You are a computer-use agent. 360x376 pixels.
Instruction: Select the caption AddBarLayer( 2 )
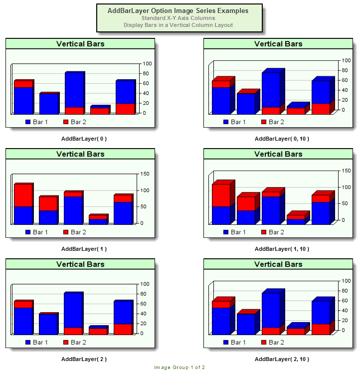pos(84,359)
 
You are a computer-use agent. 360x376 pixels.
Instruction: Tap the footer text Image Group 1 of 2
pos(180,368)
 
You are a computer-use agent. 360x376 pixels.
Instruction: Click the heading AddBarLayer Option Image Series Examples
pos(178,10)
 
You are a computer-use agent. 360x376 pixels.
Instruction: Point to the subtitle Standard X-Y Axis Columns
pos(178,18)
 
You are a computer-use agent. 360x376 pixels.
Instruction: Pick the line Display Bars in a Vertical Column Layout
pos(178,25)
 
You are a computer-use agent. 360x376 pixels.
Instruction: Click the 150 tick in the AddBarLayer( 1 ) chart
pos(146,174)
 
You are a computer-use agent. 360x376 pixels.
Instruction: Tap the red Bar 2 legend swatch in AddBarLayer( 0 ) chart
pos(66,122)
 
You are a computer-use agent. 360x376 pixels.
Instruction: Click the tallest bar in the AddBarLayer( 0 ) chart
pos(74,92)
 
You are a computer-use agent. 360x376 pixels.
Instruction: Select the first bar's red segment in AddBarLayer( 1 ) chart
pos(23,195)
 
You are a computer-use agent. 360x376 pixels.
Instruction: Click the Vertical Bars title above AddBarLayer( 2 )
pos(80,264)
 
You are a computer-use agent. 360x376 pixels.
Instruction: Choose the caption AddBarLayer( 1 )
pos(84,249)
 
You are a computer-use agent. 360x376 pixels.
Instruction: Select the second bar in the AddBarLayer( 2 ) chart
pos(48,324)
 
